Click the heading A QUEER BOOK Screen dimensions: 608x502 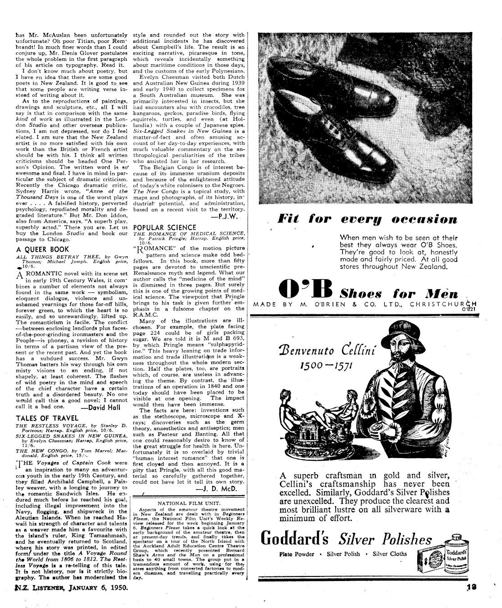pos(42,249)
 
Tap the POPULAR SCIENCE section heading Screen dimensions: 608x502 pos(165,227)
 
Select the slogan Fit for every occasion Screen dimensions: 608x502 pos(368,220)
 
